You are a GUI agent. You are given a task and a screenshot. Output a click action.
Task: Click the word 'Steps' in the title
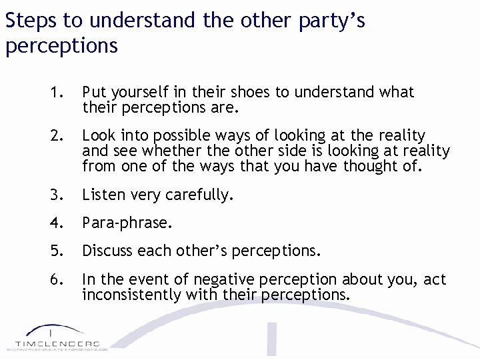click(x=32, y=21)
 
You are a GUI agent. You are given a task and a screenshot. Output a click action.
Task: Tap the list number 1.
click(x=56, y=92)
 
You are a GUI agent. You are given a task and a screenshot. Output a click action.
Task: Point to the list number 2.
click(x=56, y=136)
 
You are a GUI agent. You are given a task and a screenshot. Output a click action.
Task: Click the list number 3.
click(x=56, y=195)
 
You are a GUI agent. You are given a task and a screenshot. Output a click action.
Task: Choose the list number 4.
click(x=56, y=223)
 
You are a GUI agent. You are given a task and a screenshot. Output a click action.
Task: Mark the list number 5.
click(x=56, y=251)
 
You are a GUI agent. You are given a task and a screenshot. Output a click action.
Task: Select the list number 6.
click(x=56, y=279)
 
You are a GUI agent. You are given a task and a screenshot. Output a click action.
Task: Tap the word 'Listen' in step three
click(x=103, y=195)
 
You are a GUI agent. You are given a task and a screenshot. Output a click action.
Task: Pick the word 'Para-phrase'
click(x=127, y=223)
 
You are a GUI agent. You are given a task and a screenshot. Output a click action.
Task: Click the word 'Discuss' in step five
click(x=107, y=251)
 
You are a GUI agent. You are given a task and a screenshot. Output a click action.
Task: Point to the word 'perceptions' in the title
click(x=61, y=46)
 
